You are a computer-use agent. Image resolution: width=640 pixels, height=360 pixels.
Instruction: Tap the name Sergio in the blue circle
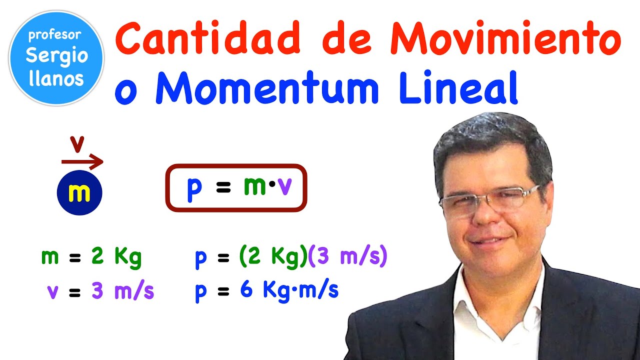coord(56,56)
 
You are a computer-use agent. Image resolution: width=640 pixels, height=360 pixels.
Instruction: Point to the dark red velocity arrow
coord(82,161)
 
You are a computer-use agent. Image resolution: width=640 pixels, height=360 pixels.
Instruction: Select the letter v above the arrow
coord(76,144)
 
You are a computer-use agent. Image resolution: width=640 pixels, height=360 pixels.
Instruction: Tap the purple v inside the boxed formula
coord(284,187)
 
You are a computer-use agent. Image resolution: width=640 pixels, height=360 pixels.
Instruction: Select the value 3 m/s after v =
coord(122,291)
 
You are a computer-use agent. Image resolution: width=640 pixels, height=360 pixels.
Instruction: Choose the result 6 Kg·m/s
coord(289,290)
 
